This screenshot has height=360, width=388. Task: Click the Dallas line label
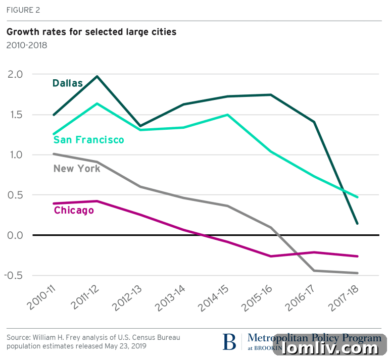coord(67,83)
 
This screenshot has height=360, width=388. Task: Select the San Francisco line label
coord(88,140)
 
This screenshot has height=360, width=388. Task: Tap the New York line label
coord(77,169)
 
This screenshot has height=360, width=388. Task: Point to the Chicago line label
coord(74,210)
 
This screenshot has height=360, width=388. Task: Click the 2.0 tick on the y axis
coord(15,74)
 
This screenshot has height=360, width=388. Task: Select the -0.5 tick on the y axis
coord(14,276)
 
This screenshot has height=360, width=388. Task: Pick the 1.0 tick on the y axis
coord(15,155)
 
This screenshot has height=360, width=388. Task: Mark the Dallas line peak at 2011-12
coord(97,76)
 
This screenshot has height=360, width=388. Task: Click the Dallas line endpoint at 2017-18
coord(358,223)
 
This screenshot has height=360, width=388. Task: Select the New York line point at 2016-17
coord(314,271)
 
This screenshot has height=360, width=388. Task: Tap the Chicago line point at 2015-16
coord(271,256)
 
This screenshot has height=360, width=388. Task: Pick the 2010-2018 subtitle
coord(26,45)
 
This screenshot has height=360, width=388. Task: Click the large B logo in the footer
coord(229,342)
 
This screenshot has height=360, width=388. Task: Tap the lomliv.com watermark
coord(331,348)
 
